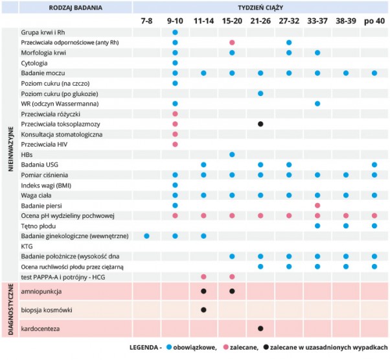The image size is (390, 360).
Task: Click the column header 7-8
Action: tap(146, 21)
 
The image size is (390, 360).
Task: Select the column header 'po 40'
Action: tap(374, 21)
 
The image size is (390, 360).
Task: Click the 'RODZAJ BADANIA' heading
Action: tap(75, 7)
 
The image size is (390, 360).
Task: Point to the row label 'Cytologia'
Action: tap(34, 63)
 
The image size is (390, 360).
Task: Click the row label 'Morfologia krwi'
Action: tap(43, 53)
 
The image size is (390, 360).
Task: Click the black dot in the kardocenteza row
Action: tap(260, 329)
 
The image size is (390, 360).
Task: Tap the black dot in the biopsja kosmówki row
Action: tap(203, 310)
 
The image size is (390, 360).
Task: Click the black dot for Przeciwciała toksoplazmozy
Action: tap(260, 123)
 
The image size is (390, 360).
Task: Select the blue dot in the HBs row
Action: tap(232, 154)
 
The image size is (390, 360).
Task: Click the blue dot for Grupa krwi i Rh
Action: tap(175, 32)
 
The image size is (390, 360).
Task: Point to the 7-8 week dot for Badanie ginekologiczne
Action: tap(146, 235)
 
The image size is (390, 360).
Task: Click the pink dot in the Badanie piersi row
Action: tap(317, 205)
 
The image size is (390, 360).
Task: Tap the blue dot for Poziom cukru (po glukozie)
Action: tap(260, 93)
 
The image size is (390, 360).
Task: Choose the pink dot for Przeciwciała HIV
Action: tap(175, 144)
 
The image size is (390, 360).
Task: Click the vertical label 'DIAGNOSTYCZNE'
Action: tap(10, 311)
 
